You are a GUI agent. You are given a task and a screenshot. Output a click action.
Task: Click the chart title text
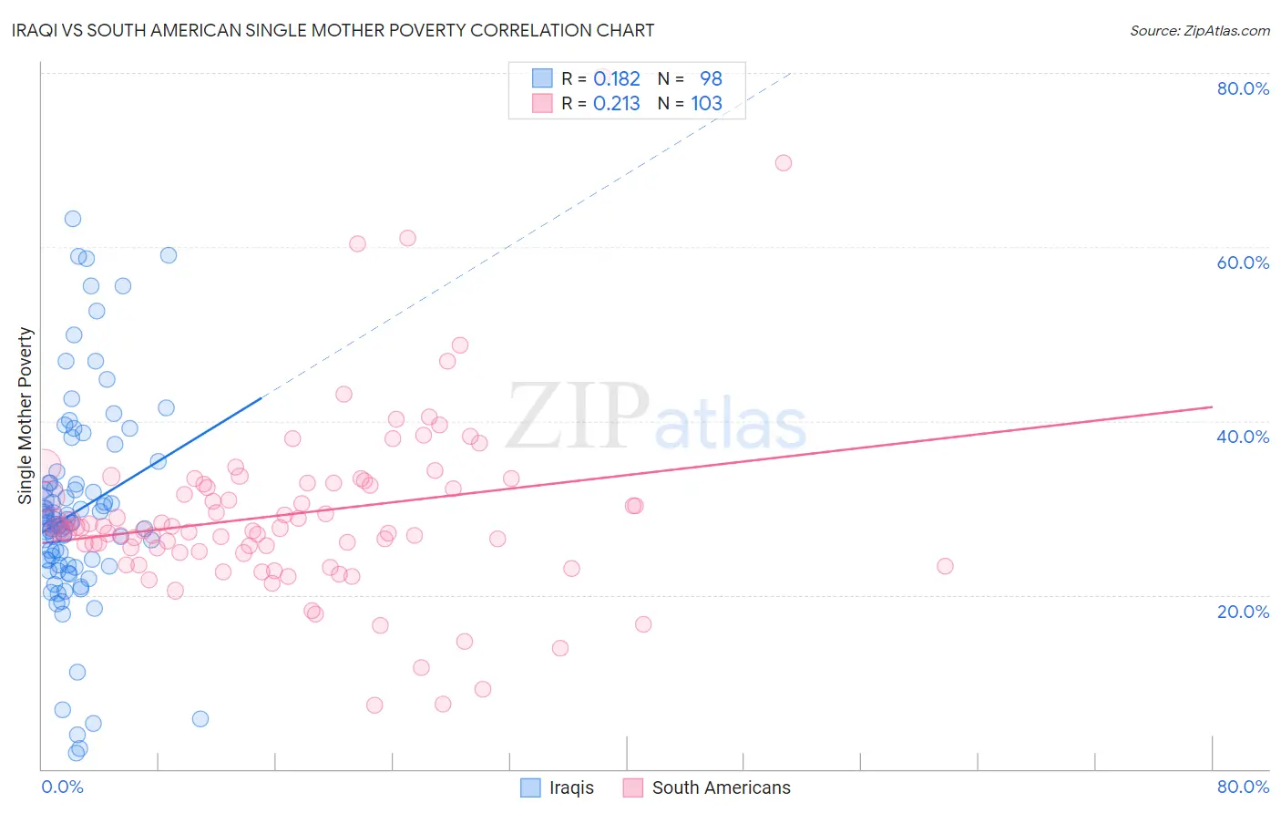(x=333, y=30)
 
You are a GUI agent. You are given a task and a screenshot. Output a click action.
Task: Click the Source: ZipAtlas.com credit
(x=1199, y=30)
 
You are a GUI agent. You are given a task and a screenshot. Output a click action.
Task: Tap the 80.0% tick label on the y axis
(x=1243, y=88)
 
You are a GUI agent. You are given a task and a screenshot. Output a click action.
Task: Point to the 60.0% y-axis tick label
(x=1243, y=262)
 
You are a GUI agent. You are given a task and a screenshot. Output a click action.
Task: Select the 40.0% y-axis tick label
(x=1243, y=437)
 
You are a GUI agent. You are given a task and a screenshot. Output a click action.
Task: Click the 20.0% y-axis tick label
(x=1243, y=611)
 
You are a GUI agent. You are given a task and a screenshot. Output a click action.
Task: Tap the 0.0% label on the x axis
(x=62, y=787)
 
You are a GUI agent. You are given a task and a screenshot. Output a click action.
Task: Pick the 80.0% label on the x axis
(x=1243, y=787)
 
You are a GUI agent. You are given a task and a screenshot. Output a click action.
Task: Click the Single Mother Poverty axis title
(x=26, y=416)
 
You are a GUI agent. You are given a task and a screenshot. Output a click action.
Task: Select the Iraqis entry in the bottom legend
(x=570, y=787)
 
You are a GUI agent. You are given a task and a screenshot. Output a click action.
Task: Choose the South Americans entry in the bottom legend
(x=721, y=787)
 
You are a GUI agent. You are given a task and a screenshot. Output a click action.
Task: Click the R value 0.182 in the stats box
(x=617, y=79)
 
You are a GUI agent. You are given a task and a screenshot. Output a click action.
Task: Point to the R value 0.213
(x=617, y=104)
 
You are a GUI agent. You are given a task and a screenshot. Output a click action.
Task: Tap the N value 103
(x=706, y=104)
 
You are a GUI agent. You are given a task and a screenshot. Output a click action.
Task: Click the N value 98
(x=711, y=79)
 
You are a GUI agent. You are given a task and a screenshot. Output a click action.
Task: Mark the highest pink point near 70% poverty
(x=784, y=163)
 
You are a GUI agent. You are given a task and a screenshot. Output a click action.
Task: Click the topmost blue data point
(x=73, y=219)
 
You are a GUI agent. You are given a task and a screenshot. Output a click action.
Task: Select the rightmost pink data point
(x=945, y=566)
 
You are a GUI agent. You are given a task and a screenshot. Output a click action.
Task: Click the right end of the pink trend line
(x=1212, y=406)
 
